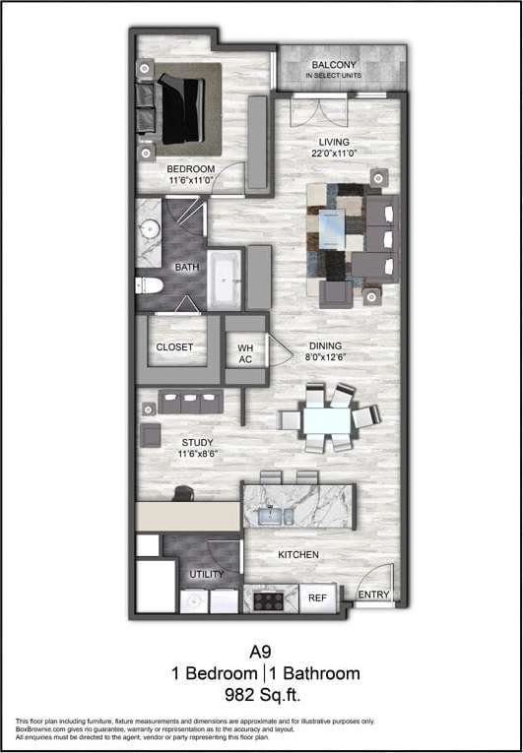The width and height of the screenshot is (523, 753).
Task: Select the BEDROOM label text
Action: (x=190, y=169)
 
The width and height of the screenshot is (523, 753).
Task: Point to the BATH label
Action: (x=187, y=267)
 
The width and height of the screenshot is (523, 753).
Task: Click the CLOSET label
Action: (x=174, y=347)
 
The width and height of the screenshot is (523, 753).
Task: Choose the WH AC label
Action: (x=245, y=352)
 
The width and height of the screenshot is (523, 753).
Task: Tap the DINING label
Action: (x=325, y=346)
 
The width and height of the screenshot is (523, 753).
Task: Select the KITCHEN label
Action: (x=298, y=555)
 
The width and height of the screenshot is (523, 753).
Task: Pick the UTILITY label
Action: (x=207, y=574)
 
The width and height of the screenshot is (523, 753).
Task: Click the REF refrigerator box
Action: (x=317, y=598)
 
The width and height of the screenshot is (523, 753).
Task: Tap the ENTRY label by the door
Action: (x=373, y=596)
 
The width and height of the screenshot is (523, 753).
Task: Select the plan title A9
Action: (x=261, y=651)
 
